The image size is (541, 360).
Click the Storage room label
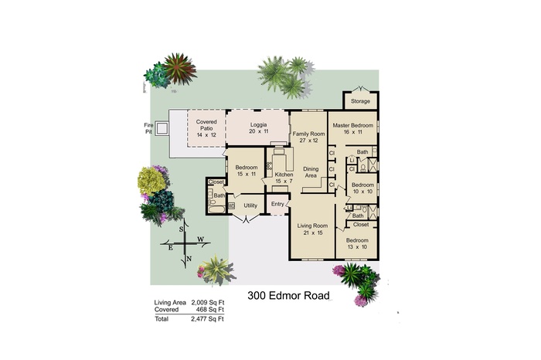(x=360, y=101)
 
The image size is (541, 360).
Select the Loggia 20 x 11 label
(x=257, y=127)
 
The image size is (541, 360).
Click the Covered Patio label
(x=206, y=127)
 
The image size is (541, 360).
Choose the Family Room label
(x=305, y=138)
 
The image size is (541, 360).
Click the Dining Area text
(x=311, y=173)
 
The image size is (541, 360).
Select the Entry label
(x=277, y=204)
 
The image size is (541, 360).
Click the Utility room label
(x=250, y=205)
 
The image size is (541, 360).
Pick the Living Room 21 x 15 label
(x=313, y=229)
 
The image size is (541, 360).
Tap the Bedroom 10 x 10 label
(x=362, y=188)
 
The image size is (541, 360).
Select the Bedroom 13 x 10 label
(x=357, y=244)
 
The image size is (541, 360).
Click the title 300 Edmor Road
(x=288, y=296)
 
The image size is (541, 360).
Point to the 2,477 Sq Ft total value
(x=208, y=318)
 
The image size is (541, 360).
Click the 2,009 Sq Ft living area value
(x=208, y=302)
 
